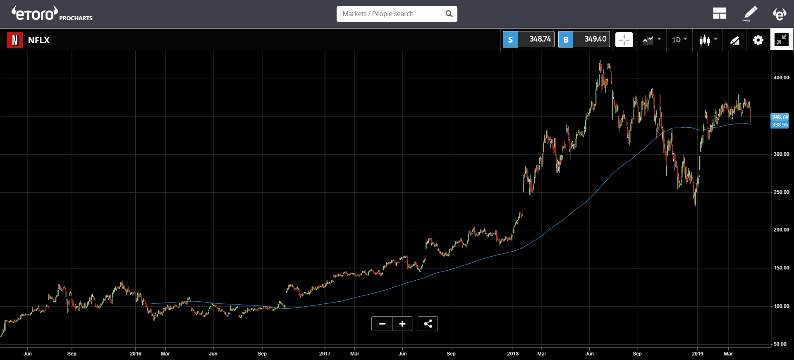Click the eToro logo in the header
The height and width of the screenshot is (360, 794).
click(35, 14)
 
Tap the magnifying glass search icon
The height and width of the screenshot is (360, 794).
click(449, 14)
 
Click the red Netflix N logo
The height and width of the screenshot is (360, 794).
click(15, 40)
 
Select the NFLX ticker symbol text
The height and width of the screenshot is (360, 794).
click(39, 40)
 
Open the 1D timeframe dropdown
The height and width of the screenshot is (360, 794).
click(679, 40)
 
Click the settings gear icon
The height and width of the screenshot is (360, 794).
click(758, 40)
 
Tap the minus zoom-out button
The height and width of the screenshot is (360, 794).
click(382, 324)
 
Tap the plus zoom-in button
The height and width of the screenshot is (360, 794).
click(402, 324)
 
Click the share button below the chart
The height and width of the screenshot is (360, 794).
click(428, 324)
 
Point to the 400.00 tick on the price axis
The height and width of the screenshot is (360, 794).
click(781, 78)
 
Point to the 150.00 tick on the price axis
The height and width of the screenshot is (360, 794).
click(781, 268)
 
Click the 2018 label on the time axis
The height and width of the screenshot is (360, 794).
click(513, 354)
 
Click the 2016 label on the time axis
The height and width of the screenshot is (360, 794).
click(135, 354)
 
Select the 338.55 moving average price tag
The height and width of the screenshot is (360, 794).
click(780, 125)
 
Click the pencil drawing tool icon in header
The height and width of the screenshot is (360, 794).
click(750, 14)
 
